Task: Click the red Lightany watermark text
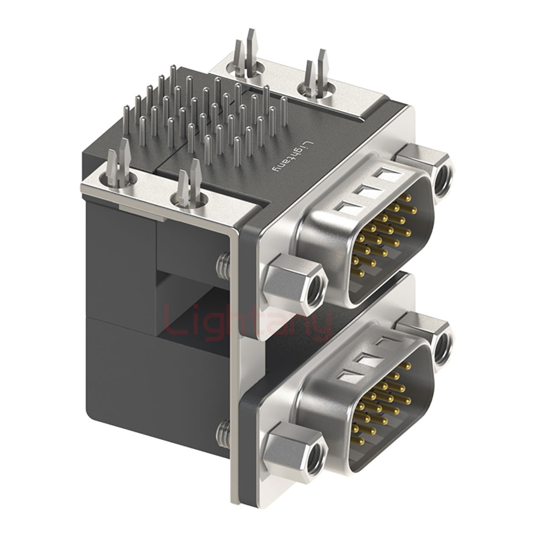tap(248, 323)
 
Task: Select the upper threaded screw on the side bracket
tap(223, 265)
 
